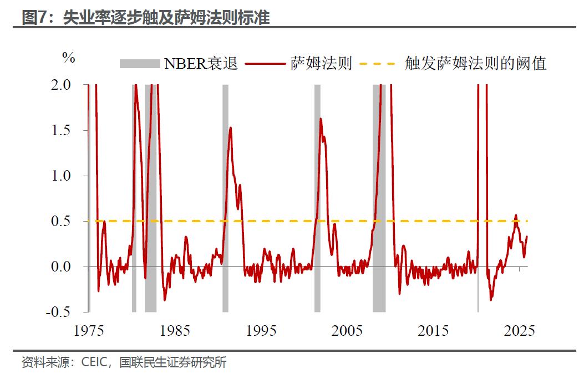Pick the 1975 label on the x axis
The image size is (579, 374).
point(89,331)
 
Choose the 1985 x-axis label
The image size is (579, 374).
point(175,331)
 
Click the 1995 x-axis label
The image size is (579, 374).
point(261,331)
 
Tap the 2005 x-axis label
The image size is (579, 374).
point(347,331)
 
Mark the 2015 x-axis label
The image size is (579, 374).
point(433,331)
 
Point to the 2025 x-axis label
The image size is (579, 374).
point(520,331)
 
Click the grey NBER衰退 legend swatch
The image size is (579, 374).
point(139,64)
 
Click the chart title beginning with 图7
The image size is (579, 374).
point(145,18)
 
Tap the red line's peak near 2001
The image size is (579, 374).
point(321,119)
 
